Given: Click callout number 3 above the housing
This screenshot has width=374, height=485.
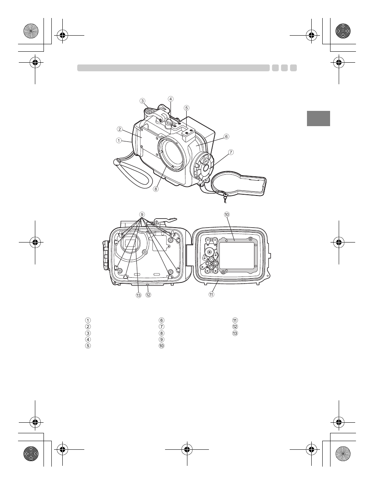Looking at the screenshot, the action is click(142, 101).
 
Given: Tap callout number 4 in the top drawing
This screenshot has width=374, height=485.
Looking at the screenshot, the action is click(171, 99).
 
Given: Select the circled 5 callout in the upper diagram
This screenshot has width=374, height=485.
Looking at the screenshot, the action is click(187, 108).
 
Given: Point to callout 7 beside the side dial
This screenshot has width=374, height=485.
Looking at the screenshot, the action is click(231, 152).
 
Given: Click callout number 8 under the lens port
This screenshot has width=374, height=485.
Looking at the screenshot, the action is click(156, 189).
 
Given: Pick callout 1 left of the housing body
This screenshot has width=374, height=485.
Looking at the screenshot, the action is click(119, 140).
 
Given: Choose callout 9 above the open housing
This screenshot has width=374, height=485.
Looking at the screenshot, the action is click(142, 215).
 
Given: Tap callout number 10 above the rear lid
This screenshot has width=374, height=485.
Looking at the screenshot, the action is click(227, 215).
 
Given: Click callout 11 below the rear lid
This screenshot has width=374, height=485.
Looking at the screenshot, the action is click(211, 294).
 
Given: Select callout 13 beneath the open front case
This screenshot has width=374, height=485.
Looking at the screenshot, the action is click(139, 295).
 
